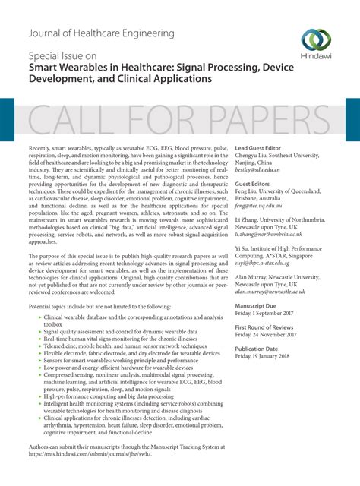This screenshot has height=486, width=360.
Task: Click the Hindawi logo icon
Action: click(315, 40)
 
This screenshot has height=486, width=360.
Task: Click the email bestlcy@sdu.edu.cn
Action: click(258, 172)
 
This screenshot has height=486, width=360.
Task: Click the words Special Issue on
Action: click(62, 56)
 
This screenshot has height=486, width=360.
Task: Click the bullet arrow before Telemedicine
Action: click(39, 344)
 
